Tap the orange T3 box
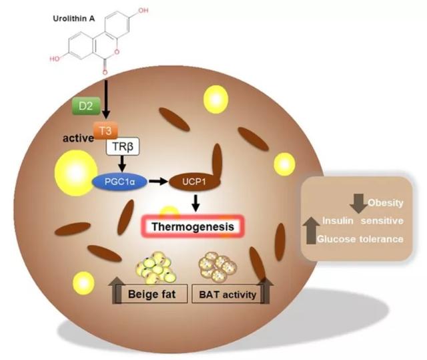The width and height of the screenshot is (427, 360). pos(103,132)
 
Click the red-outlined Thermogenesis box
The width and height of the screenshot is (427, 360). pos(192,227)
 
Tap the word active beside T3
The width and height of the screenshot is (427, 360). pos(77,139)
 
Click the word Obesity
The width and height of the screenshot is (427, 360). pos(385,202)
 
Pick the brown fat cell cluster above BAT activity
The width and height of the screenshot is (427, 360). pos(218,264)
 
